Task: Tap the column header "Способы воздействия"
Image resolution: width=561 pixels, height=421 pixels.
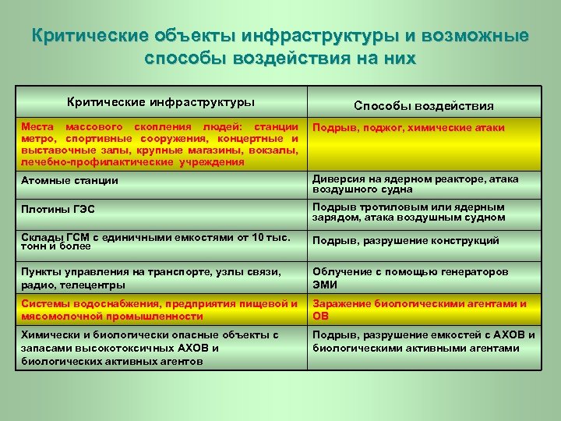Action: pos(423,105)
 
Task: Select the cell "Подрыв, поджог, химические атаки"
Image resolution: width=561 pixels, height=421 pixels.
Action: pos(408,128)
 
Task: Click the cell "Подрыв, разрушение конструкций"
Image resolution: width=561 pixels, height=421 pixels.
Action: pos(406,241)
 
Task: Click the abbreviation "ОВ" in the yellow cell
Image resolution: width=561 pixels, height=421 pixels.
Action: pos(320,316)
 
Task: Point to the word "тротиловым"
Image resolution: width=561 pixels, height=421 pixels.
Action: pos(383,207)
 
